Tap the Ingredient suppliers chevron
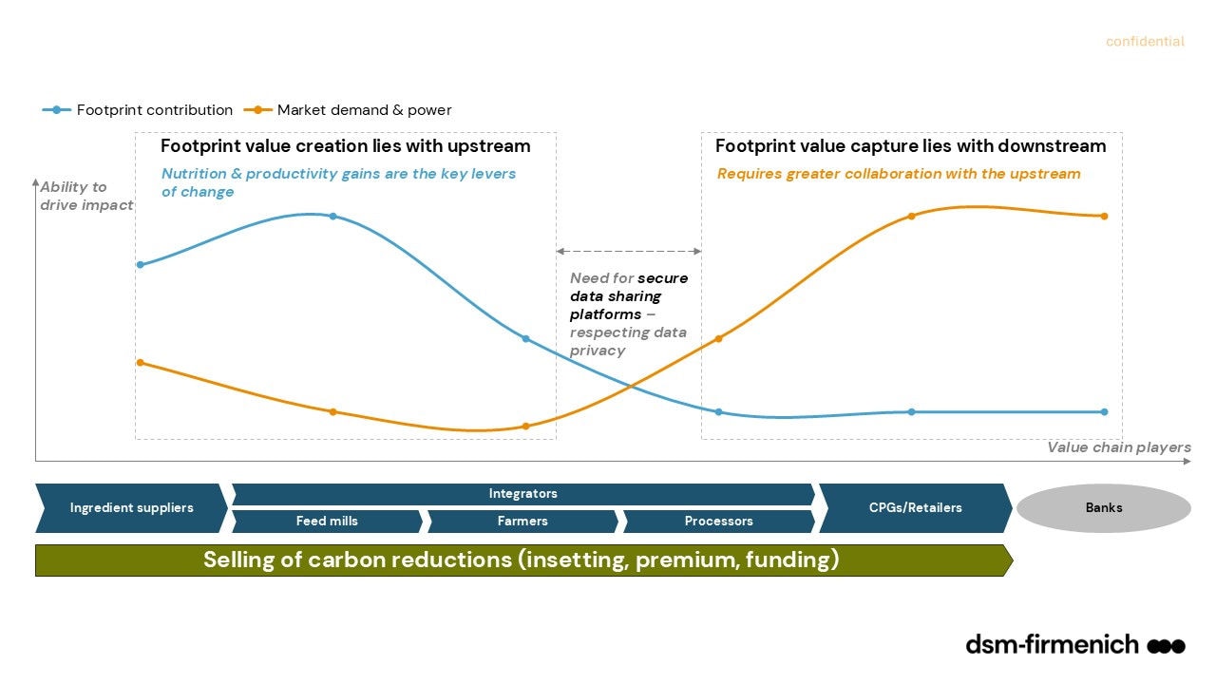[131, 507]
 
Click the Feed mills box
[327, 521]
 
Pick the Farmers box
[522, 521]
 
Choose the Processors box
[718, 521]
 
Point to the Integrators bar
[522, 494]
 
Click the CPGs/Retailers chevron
[915, 507]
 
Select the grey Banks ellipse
[1103, 507]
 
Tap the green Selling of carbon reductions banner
[522, 560]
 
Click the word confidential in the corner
[1145, 42]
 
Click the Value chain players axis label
[1118, 447]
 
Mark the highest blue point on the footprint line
[332, 216]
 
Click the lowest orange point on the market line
[525, 427]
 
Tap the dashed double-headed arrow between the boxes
[628, 251]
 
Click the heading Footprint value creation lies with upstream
[345, 146]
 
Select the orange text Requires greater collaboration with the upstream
[899, 174]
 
